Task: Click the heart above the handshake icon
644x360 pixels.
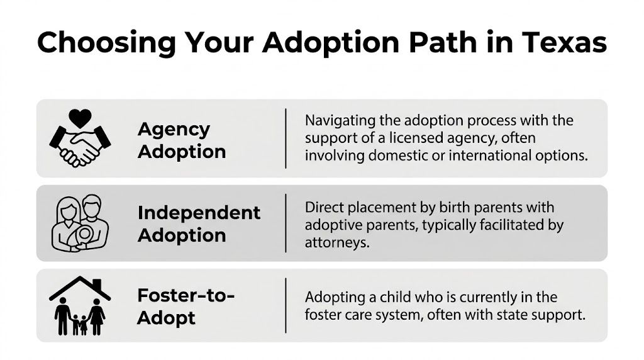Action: (80, 118)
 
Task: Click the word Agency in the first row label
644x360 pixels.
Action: (173, 129)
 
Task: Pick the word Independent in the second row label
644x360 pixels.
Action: (199, 213)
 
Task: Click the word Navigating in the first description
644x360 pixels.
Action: (340, 120)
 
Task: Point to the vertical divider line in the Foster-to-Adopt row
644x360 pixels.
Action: (286, 305)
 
